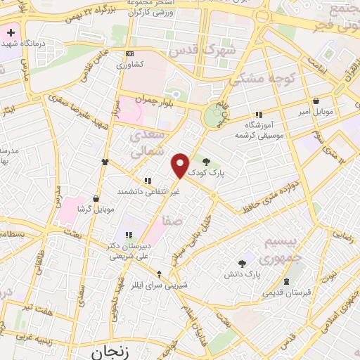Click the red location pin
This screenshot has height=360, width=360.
181,165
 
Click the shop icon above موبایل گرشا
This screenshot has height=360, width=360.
95,198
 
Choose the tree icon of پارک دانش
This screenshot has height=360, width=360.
243,262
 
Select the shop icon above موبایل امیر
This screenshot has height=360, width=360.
316,101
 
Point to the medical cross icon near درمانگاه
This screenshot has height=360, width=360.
12,32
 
